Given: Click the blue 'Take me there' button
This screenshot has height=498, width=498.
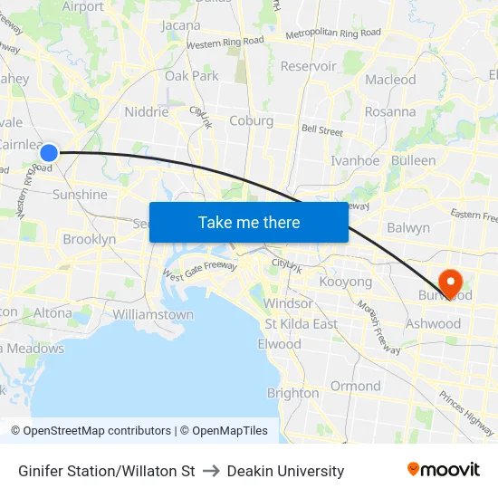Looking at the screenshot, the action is (248, 222).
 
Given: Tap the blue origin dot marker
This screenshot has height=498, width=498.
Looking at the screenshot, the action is (50, 153).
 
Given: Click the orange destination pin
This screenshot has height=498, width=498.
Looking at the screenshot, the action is (448, 283).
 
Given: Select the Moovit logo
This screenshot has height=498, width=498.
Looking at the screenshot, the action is (443, 470).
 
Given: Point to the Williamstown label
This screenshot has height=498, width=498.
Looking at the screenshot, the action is (153, 314).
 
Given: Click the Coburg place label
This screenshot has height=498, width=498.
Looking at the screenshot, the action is (251, 120).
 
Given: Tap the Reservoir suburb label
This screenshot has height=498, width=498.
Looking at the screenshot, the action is (308, 66).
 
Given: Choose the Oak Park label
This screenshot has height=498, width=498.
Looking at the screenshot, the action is (191, 76).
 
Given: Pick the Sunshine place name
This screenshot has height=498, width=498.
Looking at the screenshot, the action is (80, 195).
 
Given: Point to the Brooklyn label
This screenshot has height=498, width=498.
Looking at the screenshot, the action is (89, 240).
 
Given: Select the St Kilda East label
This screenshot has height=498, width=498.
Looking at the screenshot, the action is (301, 324).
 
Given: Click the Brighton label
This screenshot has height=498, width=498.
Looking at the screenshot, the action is (292, 393).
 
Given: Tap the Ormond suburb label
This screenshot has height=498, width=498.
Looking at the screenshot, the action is (355, 386).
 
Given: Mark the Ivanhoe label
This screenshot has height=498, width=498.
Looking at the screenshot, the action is (355, 160).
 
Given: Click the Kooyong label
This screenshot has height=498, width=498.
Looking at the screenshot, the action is (346, 283).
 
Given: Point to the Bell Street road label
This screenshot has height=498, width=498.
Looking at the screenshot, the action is (322, 131).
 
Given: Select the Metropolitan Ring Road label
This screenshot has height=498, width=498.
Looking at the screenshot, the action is (332, 34).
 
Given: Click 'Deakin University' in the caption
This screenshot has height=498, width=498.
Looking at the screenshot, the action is (285, 471).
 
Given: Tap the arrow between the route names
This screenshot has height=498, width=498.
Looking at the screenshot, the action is (211, 471).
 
